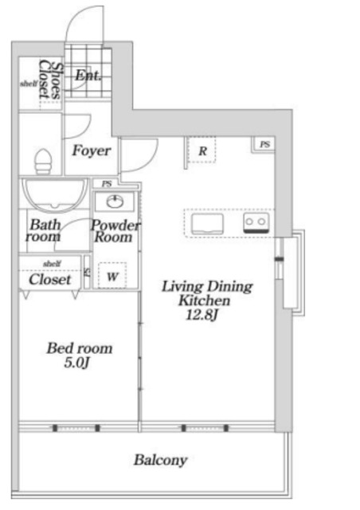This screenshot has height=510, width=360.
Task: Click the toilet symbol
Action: tap(43, 161)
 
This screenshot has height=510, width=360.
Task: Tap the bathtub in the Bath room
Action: tap(55, 194)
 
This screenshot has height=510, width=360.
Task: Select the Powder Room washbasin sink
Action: tap(115, 202)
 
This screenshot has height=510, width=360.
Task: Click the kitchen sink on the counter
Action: tap(208, 224)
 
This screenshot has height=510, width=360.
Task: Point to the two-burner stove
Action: tap(256, 223)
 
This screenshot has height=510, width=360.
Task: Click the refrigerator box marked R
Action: tap(202, 151)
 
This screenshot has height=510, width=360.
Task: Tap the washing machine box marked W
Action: tap(112, 275)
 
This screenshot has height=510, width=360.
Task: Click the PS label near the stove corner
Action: tap(265, 144)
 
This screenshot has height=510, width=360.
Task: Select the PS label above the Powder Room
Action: tap(107, 184)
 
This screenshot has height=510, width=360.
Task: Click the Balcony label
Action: tap(160, 461)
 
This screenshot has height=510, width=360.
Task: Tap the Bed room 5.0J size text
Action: tap(76, 363)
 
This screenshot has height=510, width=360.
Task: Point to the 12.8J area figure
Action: tap(202, 315)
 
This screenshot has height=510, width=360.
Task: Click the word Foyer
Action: tap(92, 151)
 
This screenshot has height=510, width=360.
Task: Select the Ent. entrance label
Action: tap(88, 76)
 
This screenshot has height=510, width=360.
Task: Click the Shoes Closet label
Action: tap(49, 80)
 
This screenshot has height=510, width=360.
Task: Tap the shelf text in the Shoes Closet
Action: tap(29, 84)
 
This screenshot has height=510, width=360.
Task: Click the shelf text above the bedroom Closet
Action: tap(52, 264)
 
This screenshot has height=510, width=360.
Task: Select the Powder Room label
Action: tap(115, 231)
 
